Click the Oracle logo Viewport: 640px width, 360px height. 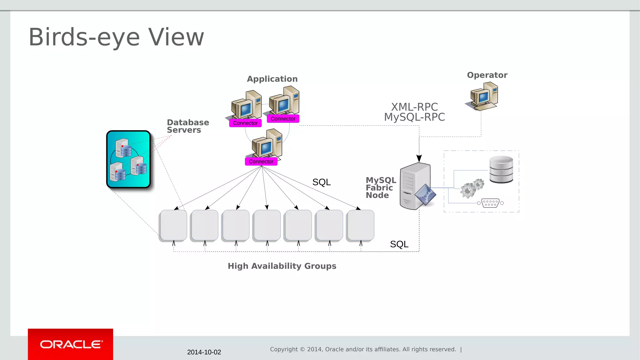tap(71, 344)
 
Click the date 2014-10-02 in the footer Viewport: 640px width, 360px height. tap(204, 352)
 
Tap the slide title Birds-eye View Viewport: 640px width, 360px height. tap(116, 37)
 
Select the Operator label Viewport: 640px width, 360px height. tap(487, 75)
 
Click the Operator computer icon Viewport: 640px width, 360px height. tap(483, 96)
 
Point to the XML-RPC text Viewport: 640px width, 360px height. tap(414, 107)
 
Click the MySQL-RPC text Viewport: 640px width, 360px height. tap(414, 117)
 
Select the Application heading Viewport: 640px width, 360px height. tap(272, 79)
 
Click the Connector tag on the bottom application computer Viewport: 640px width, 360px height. tap(261, 162)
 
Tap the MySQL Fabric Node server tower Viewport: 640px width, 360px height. tap(415, 186)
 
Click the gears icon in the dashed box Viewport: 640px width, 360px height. tap(472, 188)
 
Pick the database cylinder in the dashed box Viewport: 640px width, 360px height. tap(501, 169)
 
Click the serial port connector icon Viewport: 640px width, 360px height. tap(490, 203)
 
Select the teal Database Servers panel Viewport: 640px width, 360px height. tap(128, 159)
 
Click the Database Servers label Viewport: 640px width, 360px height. tap(187, 126)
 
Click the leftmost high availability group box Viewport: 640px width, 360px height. tap(173, 225)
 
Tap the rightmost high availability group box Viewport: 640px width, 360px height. tap(361, 225)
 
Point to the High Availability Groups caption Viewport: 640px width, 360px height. tap(282, 266)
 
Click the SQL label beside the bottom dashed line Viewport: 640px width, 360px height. tap(399, 244)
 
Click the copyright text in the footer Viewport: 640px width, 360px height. tap(363, 349)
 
